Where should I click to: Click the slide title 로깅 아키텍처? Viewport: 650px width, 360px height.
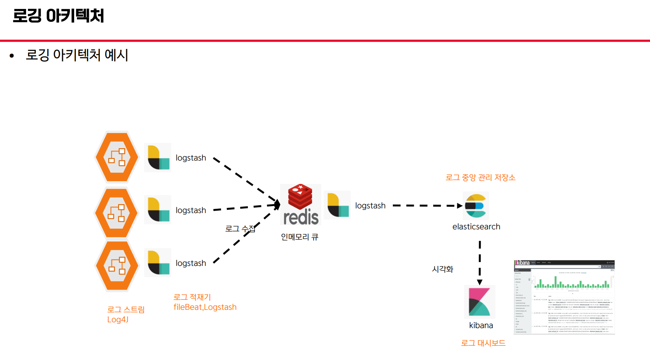click(x=58, y=16)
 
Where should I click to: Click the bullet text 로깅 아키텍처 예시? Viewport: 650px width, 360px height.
click(x=77, y=55)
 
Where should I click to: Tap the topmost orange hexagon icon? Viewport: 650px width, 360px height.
click(x=117, y=157)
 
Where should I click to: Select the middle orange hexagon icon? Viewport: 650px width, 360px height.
click(x=117, y=213)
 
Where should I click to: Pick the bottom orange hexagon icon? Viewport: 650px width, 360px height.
click(x=117, y=266)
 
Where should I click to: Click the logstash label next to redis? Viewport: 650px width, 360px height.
click(x=370, y=206)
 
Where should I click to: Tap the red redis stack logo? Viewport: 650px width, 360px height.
click(x=300, y=197)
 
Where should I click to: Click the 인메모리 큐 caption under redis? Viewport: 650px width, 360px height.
click(x=300, y=237)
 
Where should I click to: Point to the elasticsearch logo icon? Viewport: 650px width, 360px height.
click(x=476, y=206)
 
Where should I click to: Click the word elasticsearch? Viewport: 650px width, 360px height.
click(x=476, y=227)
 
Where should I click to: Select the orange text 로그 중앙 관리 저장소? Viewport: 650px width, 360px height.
click(x=480, y=178)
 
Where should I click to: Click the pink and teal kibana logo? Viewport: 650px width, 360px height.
click(x=479, y=302)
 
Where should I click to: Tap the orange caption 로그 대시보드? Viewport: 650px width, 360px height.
click(x=483, y=343)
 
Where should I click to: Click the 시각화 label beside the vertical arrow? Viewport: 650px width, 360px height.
click(x=443, y=269)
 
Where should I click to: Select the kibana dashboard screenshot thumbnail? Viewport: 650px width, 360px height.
click(x=564, y=297)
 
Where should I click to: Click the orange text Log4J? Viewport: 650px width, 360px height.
click(x=118, y=320)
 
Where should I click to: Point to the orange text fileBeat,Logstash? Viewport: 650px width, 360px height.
click(x=205, y=307)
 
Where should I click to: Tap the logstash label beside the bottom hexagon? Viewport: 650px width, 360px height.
click(x=191, y=263)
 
